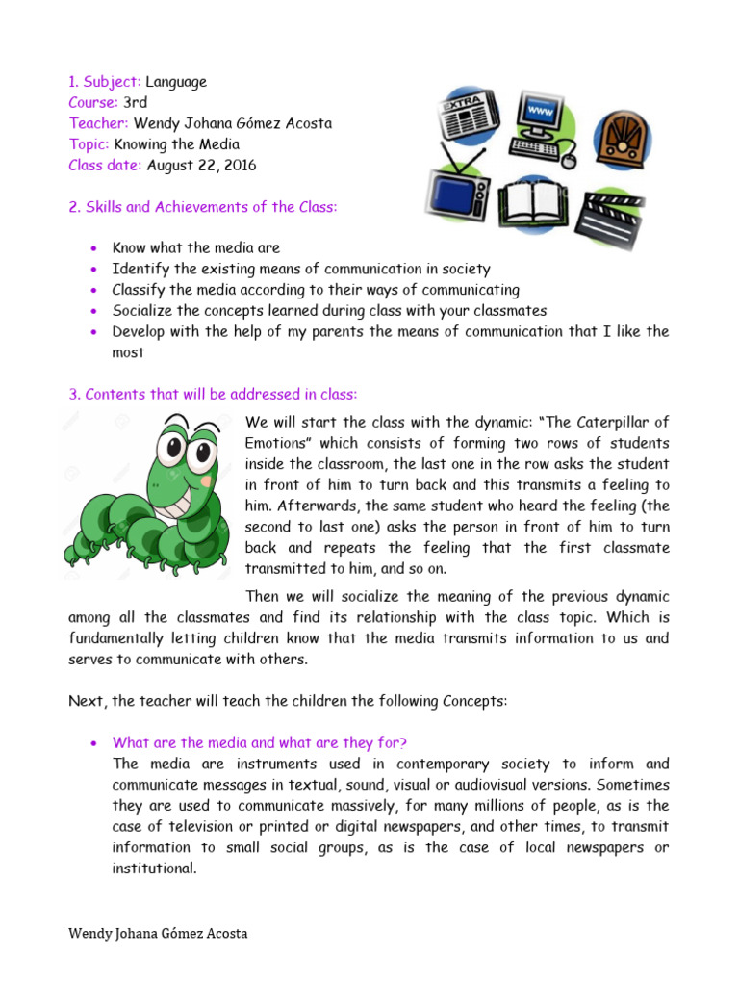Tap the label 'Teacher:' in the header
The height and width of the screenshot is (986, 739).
coord(99,123)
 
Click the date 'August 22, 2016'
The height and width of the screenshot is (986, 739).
coord(201,165)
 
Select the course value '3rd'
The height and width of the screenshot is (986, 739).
coord(136,102)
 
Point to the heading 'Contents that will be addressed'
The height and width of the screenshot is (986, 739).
coord(220,394)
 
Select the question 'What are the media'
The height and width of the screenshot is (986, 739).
coord(260,742)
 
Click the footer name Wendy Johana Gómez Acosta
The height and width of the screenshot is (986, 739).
coord(158,934)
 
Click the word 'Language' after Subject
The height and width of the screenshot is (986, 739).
coord(176,82)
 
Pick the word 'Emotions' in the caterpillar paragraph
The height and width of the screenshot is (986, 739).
coord(276,443)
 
